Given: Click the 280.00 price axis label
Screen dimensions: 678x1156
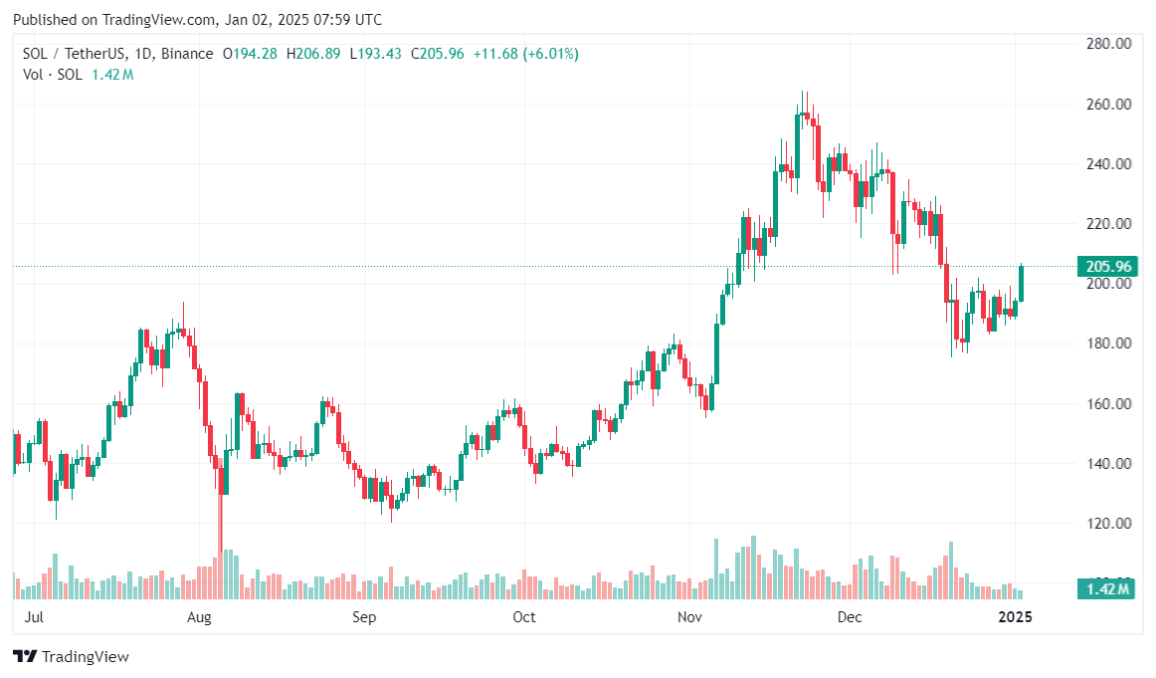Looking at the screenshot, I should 1109,44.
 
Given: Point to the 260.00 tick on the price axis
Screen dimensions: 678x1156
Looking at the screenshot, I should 1109,104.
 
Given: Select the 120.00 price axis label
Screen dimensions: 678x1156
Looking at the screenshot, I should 1109,523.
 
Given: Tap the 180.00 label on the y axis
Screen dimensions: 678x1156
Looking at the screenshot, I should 1109,343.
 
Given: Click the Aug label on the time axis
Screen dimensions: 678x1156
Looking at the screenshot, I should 200,617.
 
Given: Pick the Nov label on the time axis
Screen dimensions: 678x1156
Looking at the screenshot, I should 689,617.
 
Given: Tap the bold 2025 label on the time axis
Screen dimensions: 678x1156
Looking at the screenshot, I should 1015,617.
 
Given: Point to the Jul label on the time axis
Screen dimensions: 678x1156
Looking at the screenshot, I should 33,617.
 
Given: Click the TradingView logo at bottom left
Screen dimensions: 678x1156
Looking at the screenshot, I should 71,657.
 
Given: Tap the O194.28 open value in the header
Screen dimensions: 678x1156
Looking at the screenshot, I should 250,54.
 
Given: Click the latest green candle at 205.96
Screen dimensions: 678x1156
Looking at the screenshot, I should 1021,284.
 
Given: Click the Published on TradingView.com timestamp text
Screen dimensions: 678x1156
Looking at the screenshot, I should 197,19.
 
